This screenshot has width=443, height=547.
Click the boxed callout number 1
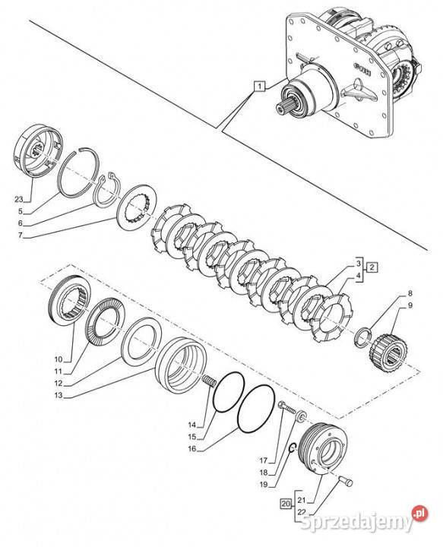click(x=260, y=85)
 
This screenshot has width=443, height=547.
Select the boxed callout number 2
click(x=372, y=267)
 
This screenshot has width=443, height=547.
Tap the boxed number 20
click(x=286, y=504)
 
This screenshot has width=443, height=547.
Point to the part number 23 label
click(x=18, y=199)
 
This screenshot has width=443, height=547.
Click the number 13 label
click(x=59, y=395)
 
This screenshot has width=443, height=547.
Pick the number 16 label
click(x=192, y=449)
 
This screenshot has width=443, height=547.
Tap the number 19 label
click(x=264, y=484)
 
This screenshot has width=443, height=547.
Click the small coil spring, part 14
click(x=209, y=381)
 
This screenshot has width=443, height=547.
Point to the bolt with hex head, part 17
click(x=286, y=408)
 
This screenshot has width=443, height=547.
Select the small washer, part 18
click(x=300, y=416)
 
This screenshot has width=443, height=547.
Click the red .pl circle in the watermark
click(x=419, y=514)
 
